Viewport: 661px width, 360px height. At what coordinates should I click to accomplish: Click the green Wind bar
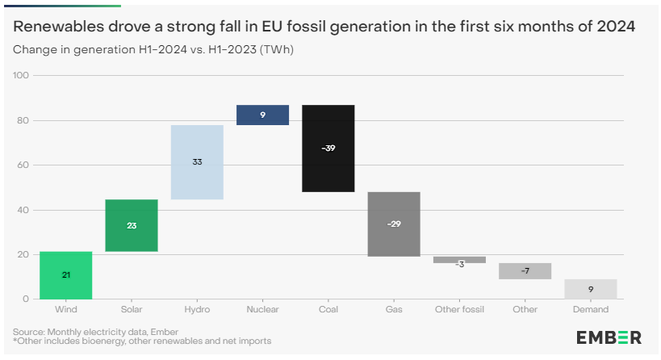65,275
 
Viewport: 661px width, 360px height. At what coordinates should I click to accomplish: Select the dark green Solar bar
132,225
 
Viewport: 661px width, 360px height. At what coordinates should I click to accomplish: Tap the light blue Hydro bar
197,162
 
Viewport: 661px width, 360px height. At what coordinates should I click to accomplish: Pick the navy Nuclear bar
262,115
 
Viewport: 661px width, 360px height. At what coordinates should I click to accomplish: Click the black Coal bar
328,149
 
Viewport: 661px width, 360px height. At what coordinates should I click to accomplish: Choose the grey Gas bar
394,224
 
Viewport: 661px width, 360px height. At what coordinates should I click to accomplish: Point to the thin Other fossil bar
459,260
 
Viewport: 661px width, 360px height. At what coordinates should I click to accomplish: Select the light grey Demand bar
591,289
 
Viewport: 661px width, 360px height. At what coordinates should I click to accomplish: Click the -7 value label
525,270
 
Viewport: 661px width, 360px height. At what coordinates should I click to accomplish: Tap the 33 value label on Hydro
197,162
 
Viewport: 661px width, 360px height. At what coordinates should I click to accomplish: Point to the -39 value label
328,148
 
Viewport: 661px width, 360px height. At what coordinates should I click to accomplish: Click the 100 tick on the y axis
21,75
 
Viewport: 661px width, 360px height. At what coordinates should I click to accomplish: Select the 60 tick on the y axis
23,165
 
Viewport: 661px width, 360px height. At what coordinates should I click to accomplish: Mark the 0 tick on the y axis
26,299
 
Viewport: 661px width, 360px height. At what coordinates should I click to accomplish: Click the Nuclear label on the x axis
262,309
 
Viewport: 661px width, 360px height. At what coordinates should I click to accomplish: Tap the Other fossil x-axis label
459,309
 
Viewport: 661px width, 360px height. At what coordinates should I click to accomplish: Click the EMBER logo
609,337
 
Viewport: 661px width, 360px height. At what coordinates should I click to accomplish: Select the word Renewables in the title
59,27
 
